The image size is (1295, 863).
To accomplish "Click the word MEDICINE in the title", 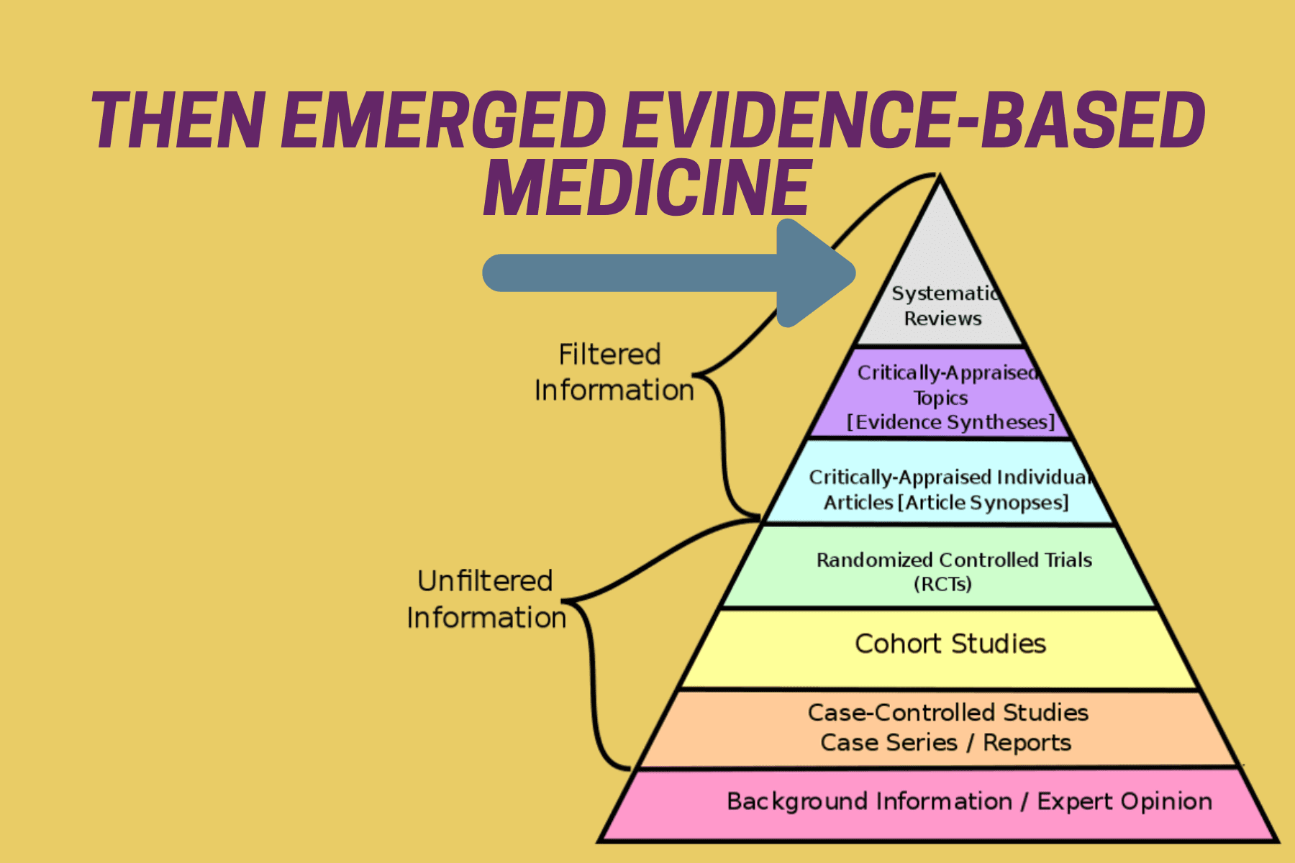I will click(647, 188).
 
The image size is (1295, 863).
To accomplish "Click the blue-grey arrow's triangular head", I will click(817, 273).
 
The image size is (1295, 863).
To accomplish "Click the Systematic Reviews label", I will click(943, 306).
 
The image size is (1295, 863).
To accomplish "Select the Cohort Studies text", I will click(950, 644).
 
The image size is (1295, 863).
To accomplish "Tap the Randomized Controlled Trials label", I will click(954, 560).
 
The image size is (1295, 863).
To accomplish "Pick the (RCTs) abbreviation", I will click(942, 584).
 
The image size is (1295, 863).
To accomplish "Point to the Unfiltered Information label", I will click(486, 599).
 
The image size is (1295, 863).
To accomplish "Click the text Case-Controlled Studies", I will click(948, 712).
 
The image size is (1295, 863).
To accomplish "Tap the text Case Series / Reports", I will click(945, 742).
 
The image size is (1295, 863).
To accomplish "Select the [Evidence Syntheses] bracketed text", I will click(950, 422).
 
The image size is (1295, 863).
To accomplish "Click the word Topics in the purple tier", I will click(940, 398).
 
